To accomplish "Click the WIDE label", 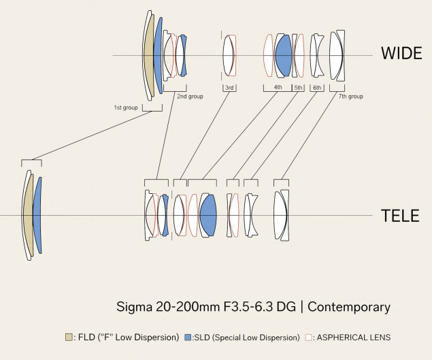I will pyautogui.click(x=401, y=53).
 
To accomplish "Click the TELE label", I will pyautogui.click(x=401, y=216).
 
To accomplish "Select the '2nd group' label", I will pyautogui.click(x=190, y=97).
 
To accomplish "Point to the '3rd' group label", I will pyautogui.click(x=230, y=88).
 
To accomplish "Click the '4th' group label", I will pyautogui.click(x=278, y=88).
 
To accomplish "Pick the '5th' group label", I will pyautogui.click(x=298, y=88).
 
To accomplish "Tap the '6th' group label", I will pyautogui.click(x=316, y=88).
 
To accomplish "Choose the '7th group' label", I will pyautogui.click(x=350, y=97).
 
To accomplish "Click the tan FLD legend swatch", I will pyautogui.click(x=68, y=337).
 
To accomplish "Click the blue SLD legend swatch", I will pyautogui.click(x=188, y=337).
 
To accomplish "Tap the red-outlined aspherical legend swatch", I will pyautogui.click(x=309, y=337).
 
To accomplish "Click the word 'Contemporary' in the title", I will pyautogui.click(x=349, y=307).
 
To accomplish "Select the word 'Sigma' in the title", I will pyautogui.click(x=131, y=307).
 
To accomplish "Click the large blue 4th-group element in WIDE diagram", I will pyautogui.click(x=283, y=54).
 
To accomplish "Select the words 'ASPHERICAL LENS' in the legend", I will pyautogui.click(x=354, y=337).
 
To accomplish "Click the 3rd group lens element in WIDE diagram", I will pyautogui.click(x=229, y=55).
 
